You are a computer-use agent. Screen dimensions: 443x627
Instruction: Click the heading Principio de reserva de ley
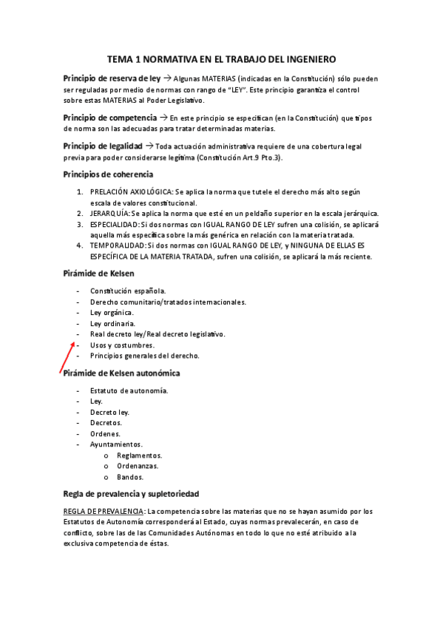point(112,78)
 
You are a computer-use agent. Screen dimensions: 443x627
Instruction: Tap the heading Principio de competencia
point(110,117)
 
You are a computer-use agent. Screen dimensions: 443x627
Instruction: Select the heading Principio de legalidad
point(103,146)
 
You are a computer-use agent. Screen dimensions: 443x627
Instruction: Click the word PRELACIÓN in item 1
point(109,192)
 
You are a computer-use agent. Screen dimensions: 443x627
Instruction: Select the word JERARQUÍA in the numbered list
point(109,213)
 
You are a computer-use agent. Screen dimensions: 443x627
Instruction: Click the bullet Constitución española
point(128,291)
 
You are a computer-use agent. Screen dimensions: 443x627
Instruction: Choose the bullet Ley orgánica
point(112,313)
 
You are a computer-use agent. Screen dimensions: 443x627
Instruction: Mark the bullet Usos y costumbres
point(122,345)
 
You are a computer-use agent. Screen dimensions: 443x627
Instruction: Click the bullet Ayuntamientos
point(116,444)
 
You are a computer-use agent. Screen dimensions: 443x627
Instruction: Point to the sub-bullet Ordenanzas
point(138,466)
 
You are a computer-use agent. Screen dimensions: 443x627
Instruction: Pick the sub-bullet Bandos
point(130,477)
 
